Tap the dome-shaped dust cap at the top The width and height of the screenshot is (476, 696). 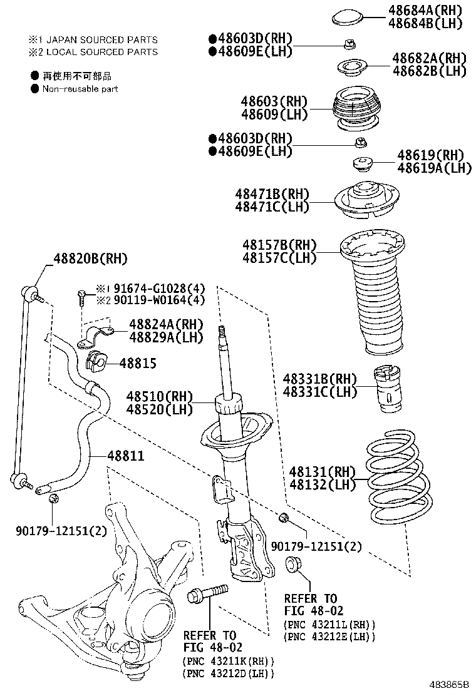pos(350,16)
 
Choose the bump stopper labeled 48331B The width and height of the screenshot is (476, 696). pos(388,389)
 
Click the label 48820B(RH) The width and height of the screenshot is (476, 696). pos(90,258)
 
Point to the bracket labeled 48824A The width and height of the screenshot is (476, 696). pos(95,335)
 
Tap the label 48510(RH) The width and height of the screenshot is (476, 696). pos(158,396)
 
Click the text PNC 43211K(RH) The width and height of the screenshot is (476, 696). pos(229,661)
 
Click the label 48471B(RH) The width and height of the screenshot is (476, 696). pos(272,193)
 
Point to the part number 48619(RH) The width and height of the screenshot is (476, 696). pos(430,155)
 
